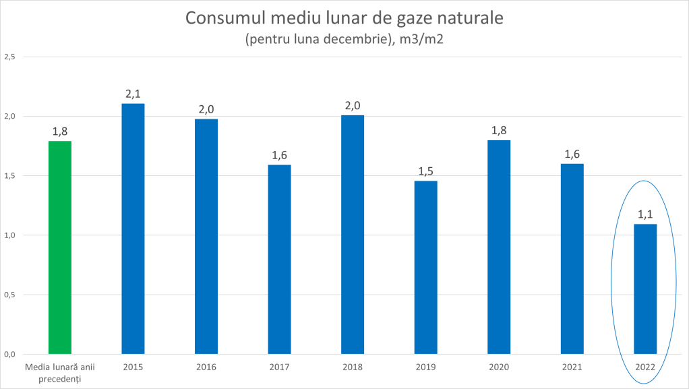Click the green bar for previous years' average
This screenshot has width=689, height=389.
[x=60, y=247]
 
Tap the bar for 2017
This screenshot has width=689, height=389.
[x=279, y=259]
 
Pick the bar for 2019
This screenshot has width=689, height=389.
[x=425, y=267]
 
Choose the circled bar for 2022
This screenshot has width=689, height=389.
[x=645, y=289]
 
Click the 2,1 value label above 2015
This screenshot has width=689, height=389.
[x=133, y=94]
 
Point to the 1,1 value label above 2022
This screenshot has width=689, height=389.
[x=645, y=214]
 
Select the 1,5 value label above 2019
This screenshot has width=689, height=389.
[x=425, y=171]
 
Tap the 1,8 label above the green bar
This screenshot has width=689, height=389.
[x=60, y=131]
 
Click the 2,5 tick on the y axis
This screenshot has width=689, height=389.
[x=9, y=57]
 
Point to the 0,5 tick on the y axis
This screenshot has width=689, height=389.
[x=9, y=295]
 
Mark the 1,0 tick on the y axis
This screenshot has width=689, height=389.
[x=9, y=235]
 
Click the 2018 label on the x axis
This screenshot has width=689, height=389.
[x=353, y=367]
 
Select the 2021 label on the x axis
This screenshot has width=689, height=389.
[x=572, y=367]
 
